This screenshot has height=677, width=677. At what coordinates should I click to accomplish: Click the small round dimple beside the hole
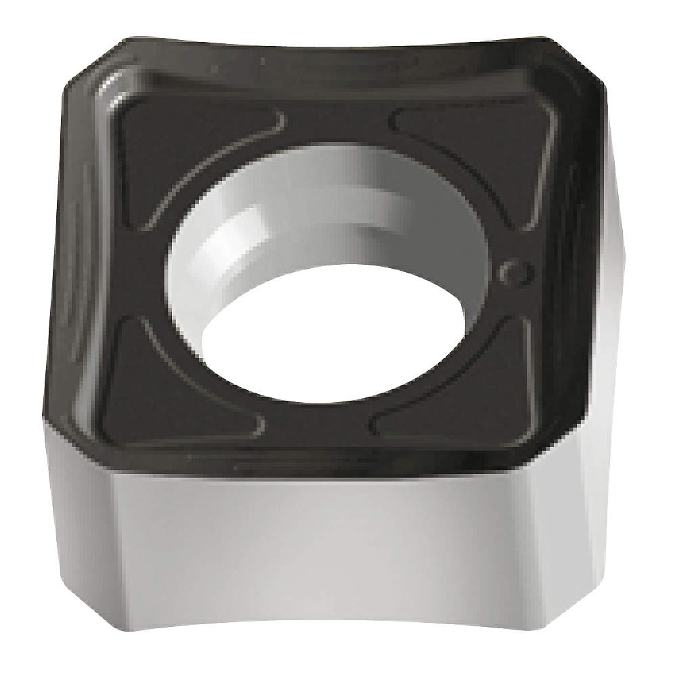click(x=515, y=271)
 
